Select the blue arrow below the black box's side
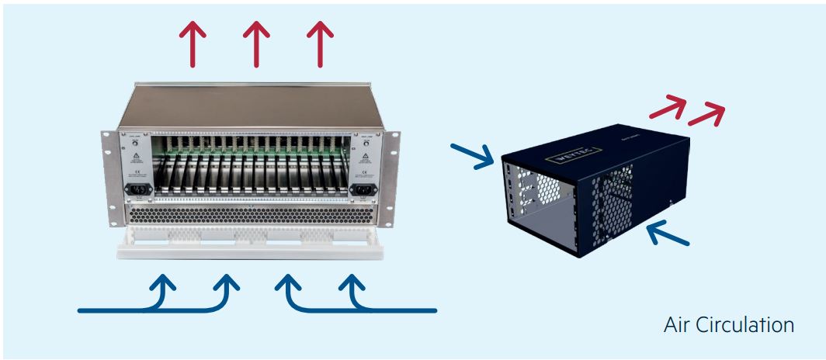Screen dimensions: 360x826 point(668,232)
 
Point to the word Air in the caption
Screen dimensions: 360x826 point(678,325)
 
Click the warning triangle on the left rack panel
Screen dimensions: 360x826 point(135,156)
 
